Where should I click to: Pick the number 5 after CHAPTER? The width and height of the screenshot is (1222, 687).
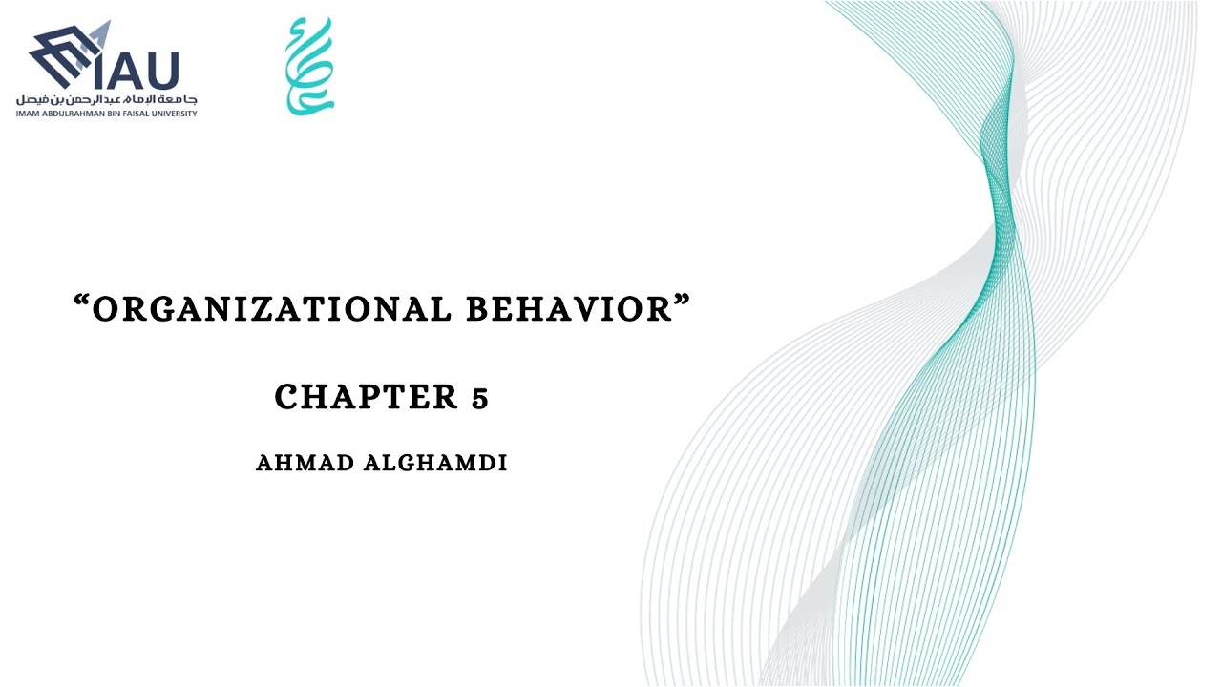pyautogui.click(x=479, y=398)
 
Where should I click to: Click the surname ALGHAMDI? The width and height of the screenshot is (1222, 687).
pyautogui.click(x=435, y=463)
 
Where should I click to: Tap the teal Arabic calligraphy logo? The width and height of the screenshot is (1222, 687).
pyautogui.click(x=309, y=66)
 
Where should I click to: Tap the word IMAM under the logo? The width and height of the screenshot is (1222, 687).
pyautogui.click(x=26, y=114)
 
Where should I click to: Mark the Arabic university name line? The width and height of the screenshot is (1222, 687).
pyautogui.click(x=106, y=100)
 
